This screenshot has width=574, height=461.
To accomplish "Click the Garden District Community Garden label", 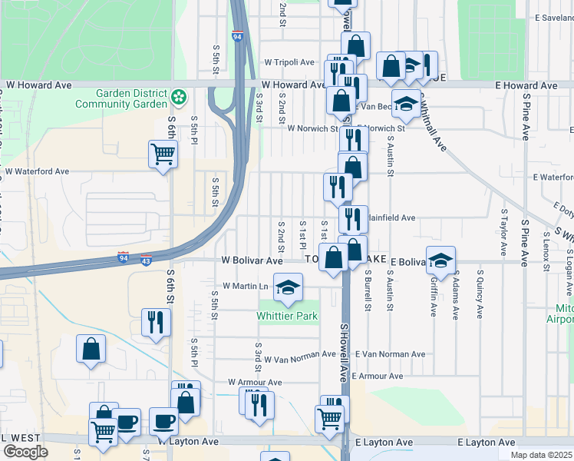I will [x=132, y=98].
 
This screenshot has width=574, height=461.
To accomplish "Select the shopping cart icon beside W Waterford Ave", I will [x=163, y=155].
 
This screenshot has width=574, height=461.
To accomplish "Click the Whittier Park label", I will [x=287, y=316].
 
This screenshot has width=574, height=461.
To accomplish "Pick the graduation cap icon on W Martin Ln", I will [x=289, y=288].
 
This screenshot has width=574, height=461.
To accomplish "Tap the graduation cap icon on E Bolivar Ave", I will [x=441, y=261].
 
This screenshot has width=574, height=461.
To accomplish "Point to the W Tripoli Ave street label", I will [x=289, y=62].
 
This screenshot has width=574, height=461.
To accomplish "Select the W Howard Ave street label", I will [x=293, y=85].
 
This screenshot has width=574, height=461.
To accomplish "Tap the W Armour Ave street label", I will [x=255, y=382].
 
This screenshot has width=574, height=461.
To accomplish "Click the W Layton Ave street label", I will [x=189, y=443].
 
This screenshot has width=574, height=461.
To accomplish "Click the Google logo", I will [x=25, y=452].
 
